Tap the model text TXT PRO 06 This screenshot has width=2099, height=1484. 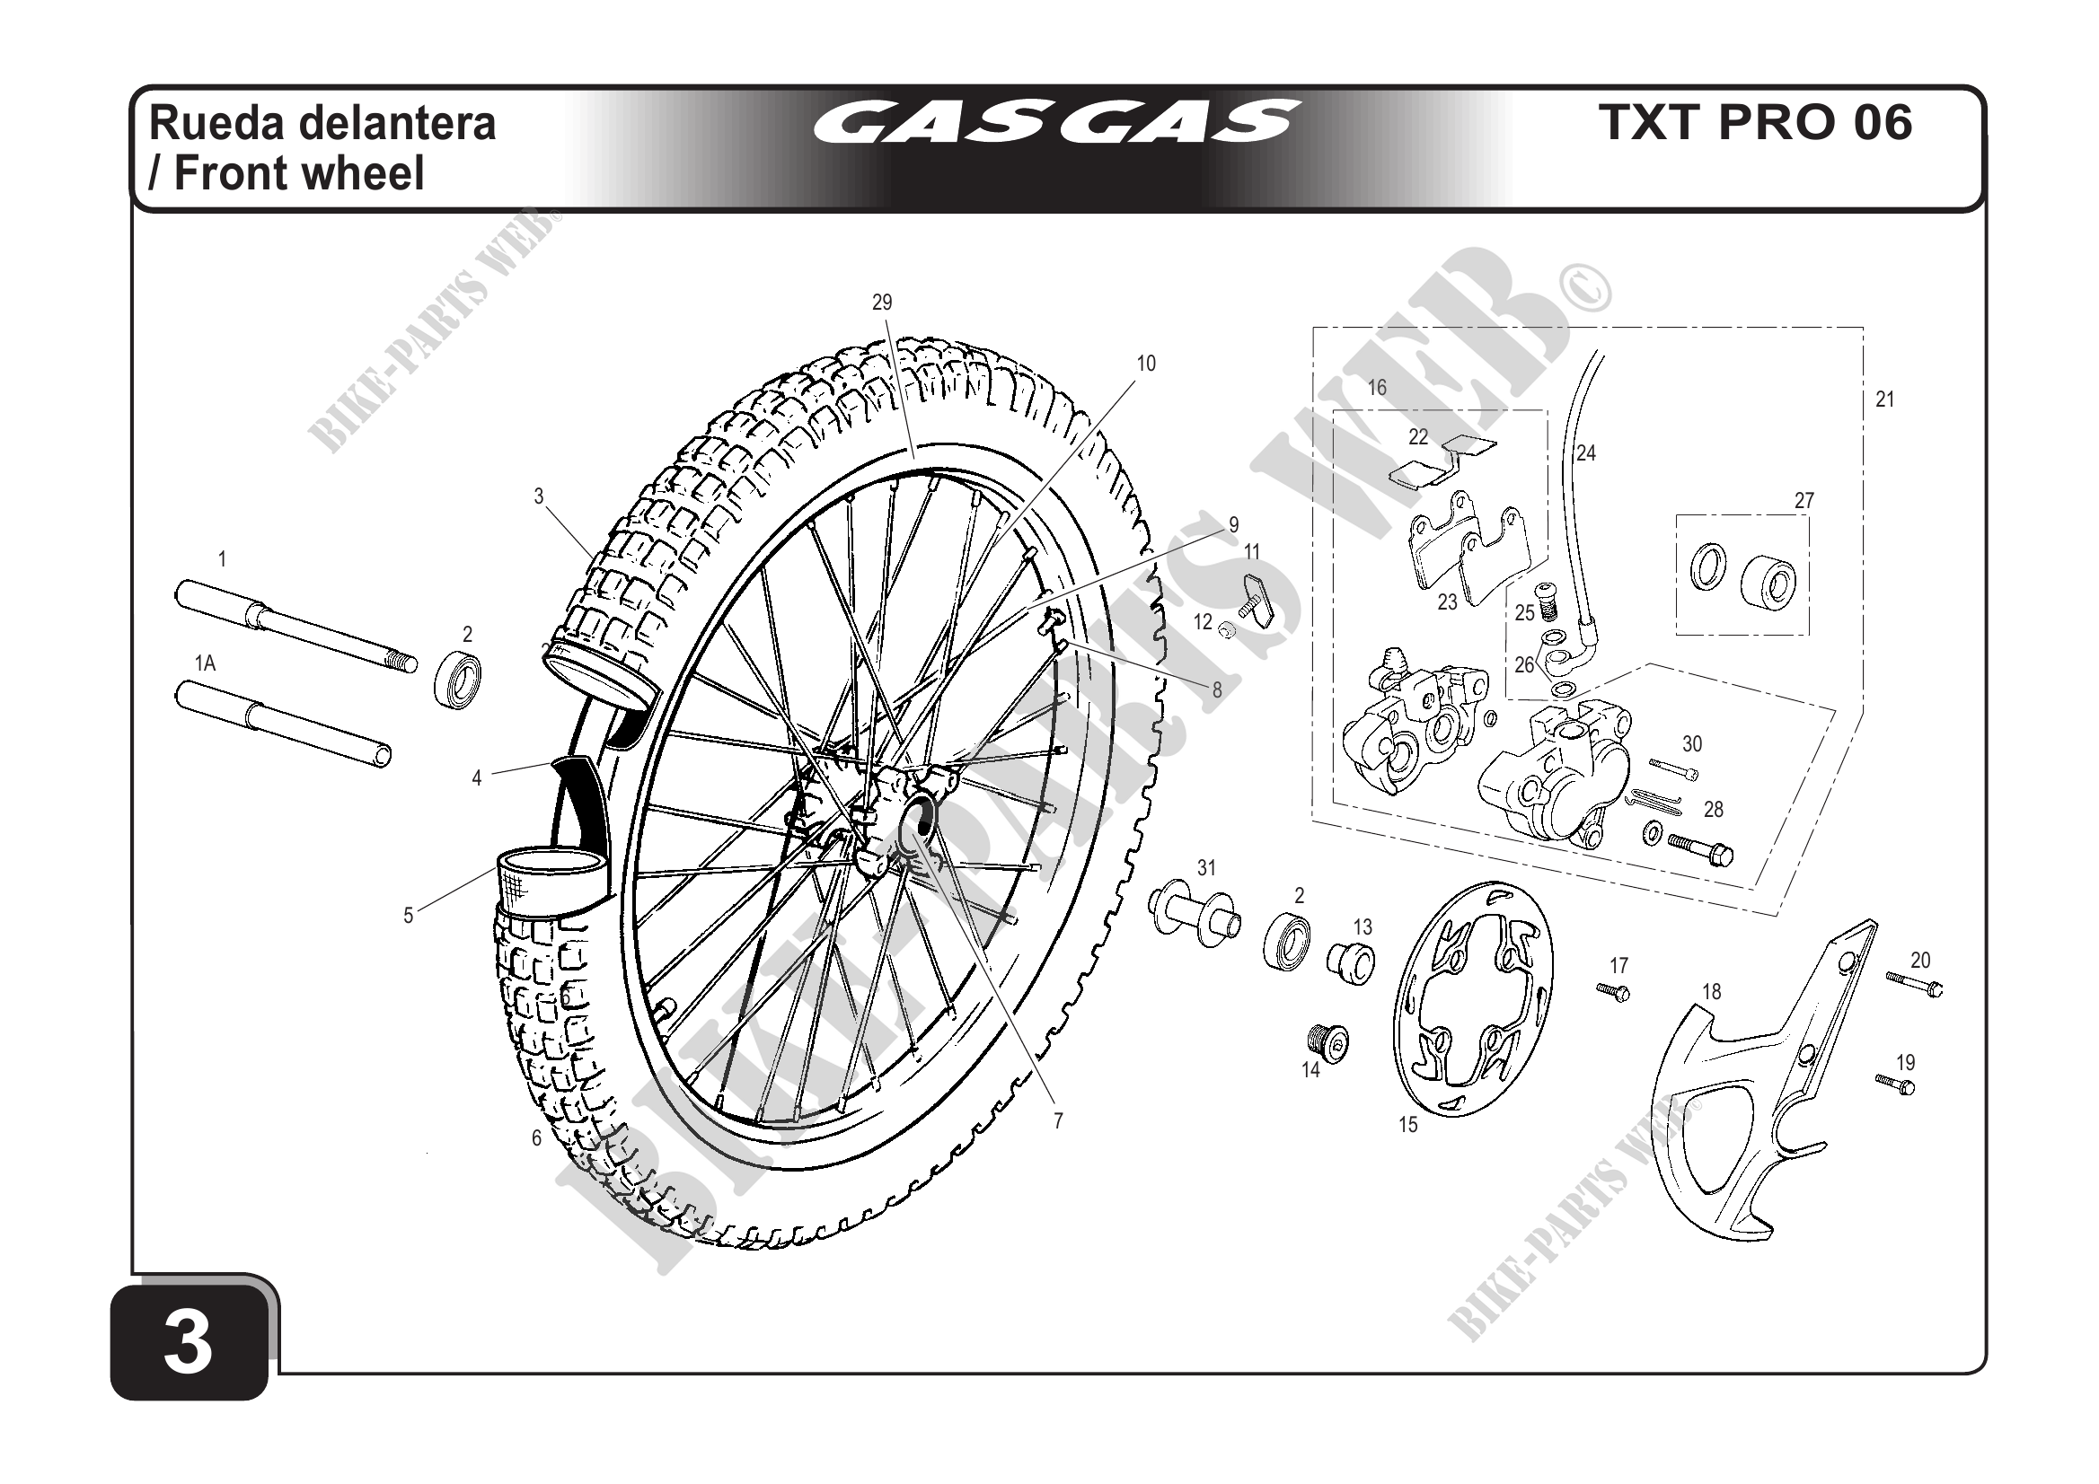(x=1754, y=122)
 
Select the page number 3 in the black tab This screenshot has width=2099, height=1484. (x=189, y=1343)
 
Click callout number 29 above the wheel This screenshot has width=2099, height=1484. (x=881, y=303)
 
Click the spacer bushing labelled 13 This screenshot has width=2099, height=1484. (x=1351, y=962)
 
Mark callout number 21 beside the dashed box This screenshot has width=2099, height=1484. (x=1884, y=400)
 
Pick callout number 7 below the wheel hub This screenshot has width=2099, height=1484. (x=1058, y=1121)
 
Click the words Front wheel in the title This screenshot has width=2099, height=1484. (x=299, y=173)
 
